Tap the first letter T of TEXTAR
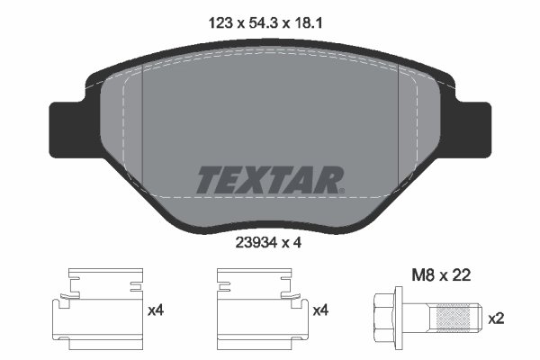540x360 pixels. (208, 180)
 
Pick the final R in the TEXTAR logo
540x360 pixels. (330, 180)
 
